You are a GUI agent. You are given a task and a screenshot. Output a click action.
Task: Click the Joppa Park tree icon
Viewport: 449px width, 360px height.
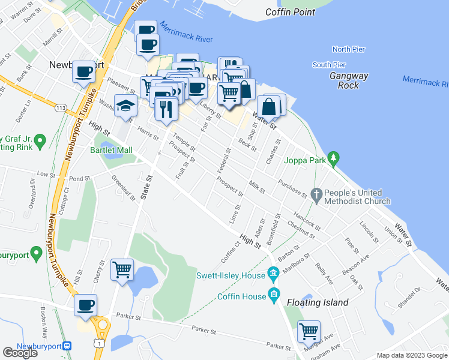click(x=335, y=159)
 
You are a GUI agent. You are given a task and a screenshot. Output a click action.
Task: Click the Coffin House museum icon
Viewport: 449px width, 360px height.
click(x=274, y=294)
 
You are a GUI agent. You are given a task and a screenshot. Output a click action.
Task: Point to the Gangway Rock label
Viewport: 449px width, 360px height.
click(x=348, y=80)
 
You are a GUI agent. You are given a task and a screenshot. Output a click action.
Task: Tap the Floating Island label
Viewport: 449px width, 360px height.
click(x=318, y=302)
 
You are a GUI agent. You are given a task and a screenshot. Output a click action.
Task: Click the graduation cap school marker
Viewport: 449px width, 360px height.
click(x=125, y=106)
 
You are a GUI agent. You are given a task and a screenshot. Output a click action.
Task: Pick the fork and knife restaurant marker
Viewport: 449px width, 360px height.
click(x=166, y=109)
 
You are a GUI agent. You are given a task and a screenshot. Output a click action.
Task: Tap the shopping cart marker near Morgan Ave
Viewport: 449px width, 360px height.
click(x=309, y=331)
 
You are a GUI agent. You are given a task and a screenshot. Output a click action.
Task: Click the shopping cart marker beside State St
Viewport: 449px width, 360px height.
click(x=122, y=269)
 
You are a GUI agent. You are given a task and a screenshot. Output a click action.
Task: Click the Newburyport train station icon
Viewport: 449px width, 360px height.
click(x=68, y=346)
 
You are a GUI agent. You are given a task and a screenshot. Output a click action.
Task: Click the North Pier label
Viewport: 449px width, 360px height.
click(x=349, y=49)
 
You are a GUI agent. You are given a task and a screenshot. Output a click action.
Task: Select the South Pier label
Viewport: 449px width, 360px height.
click(x=329, y=65)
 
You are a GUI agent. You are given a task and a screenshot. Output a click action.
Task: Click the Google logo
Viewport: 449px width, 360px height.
click(x=20, y=352)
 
